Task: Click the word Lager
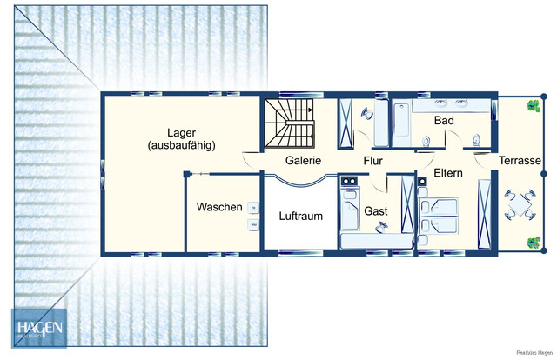(181, 131)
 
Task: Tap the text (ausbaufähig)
(181, 145)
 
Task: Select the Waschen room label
(219, 208)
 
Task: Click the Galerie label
(304, 161)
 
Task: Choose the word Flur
(373, 161)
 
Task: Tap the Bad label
(445, 119)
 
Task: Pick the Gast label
(376, 211)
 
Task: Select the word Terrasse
(520, 162)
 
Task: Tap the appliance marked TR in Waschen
(254, 207)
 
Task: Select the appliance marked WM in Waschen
(254, 225)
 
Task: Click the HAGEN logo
(37, 328)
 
